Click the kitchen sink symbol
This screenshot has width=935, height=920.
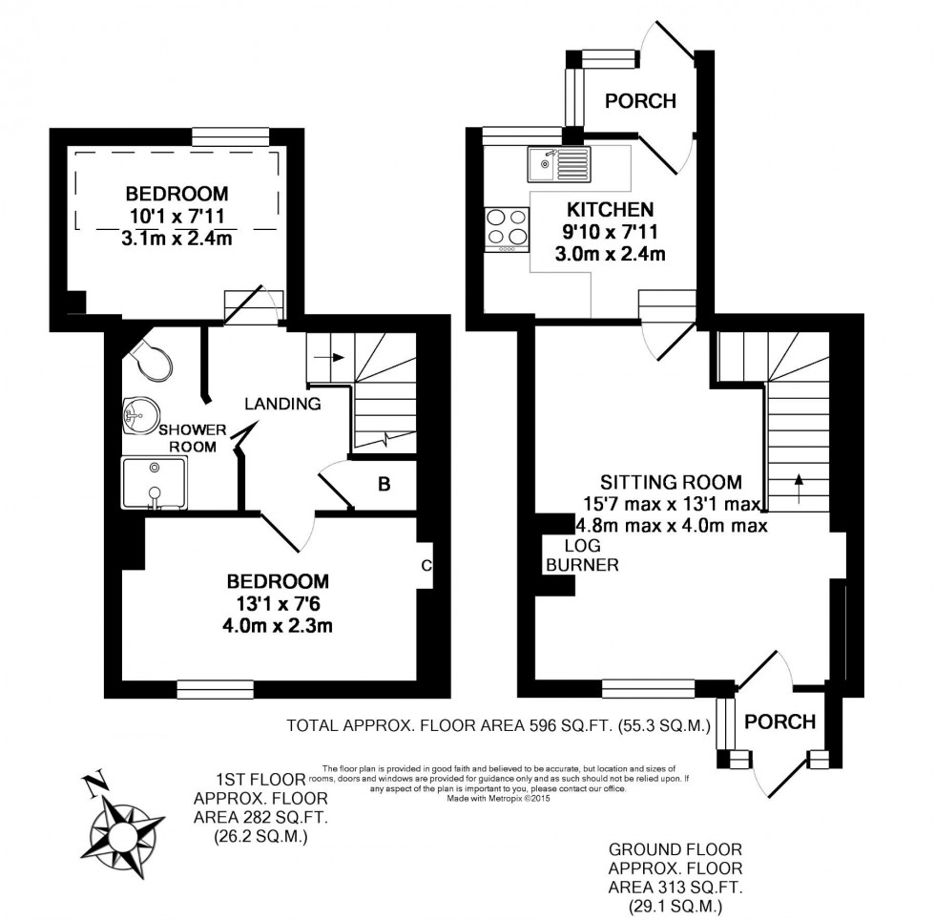tap(558, 164)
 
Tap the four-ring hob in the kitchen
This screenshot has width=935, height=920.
tap(507, 228)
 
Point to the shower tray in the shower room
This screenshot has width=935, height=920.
tap(155, 483)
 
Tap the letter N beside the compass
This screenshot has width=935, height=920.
tap(93, 786)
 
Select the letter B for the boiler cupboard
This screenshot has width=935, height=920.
tap(384, 485)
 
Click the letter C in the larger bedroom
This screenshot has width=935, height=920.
tap(426, 566)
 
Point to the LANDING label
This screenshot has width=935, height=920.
tap(282, 404)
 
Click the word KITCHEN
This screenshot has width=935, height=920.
tap(610, 210)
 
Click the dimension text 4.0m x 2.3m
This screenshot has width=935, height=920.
tap(278, 626)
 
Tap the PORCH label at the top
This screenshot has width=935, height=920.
tap(640, 101)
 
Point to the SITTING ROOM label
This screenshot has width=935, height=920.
tap(671, 482)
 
